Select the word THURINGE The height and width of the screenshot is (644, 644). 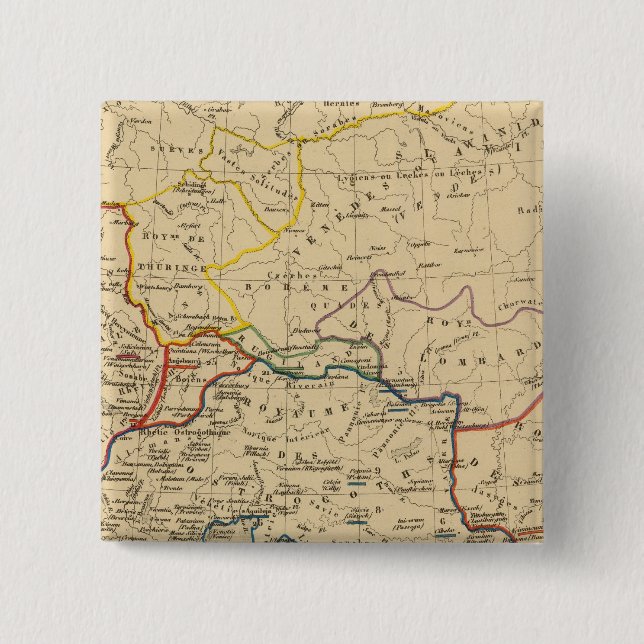166,268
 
